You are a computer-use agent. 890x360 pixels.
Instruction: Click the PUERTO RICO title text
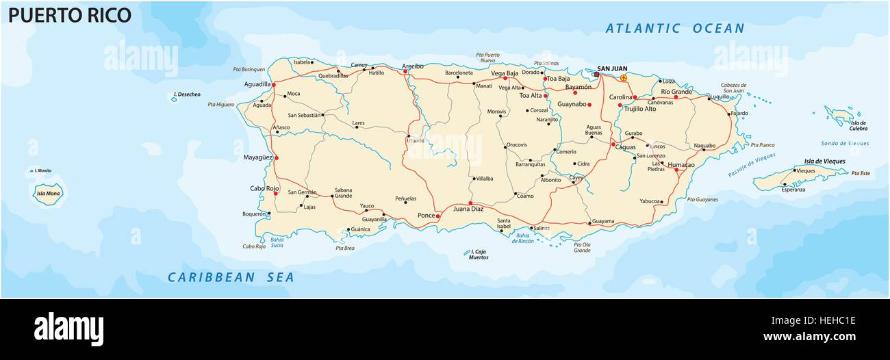click(x=69, y=14)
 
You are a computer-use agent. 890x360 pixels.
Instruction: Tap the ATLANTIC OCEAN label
click(x=674, y=28)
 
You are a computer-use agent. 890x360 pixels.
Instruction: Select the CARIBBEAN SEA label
click(x=231, y=277)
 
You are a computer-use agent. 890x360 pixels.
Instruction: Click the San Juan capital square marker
click(x=596, y=75)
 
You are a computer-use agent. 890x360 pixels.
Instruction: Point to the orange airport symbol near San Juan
click(x=623, y=78)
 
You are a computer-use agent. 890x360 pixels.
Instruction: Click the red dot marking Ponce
click(x=438, y=216)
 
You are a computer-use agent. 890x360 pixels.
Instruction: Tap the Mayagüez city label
click(x=258, y=157)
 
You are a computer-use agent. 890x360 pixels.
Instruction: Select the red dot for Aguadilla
click(x=274, y=85)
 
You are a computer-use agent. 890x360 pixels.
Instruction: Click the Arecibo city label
click(x=412, y=66)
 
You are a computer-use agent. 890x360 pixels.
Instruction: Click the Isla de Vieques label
click(x=824, y=162)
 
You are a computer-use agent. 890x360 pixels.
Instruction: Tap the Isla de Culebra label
click(x=858, y=125)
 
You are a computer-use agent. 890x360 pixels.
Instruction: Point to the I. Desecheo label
click(x=187, y=94)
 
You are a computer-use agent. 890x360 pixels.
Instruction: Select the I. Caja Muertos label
click(x=479, y=255)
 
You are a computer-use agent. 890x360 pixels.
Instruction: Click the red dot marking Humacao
click(x=676, y=170)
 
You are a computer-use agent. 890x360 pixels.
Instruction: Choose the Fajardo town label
click(x=739, y=113)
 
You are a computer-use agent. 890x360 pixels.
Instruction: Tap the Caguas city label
click(x=626, y=147)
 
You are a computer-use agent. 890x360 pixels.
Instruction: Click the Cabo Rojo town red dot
click(x=275, y=193)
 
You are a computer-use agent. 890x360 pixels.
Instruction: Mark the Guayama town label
click(x=603, y=221)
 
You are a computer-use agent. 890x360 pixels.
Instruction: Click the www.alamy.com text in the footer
click(x=809, y=336)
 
